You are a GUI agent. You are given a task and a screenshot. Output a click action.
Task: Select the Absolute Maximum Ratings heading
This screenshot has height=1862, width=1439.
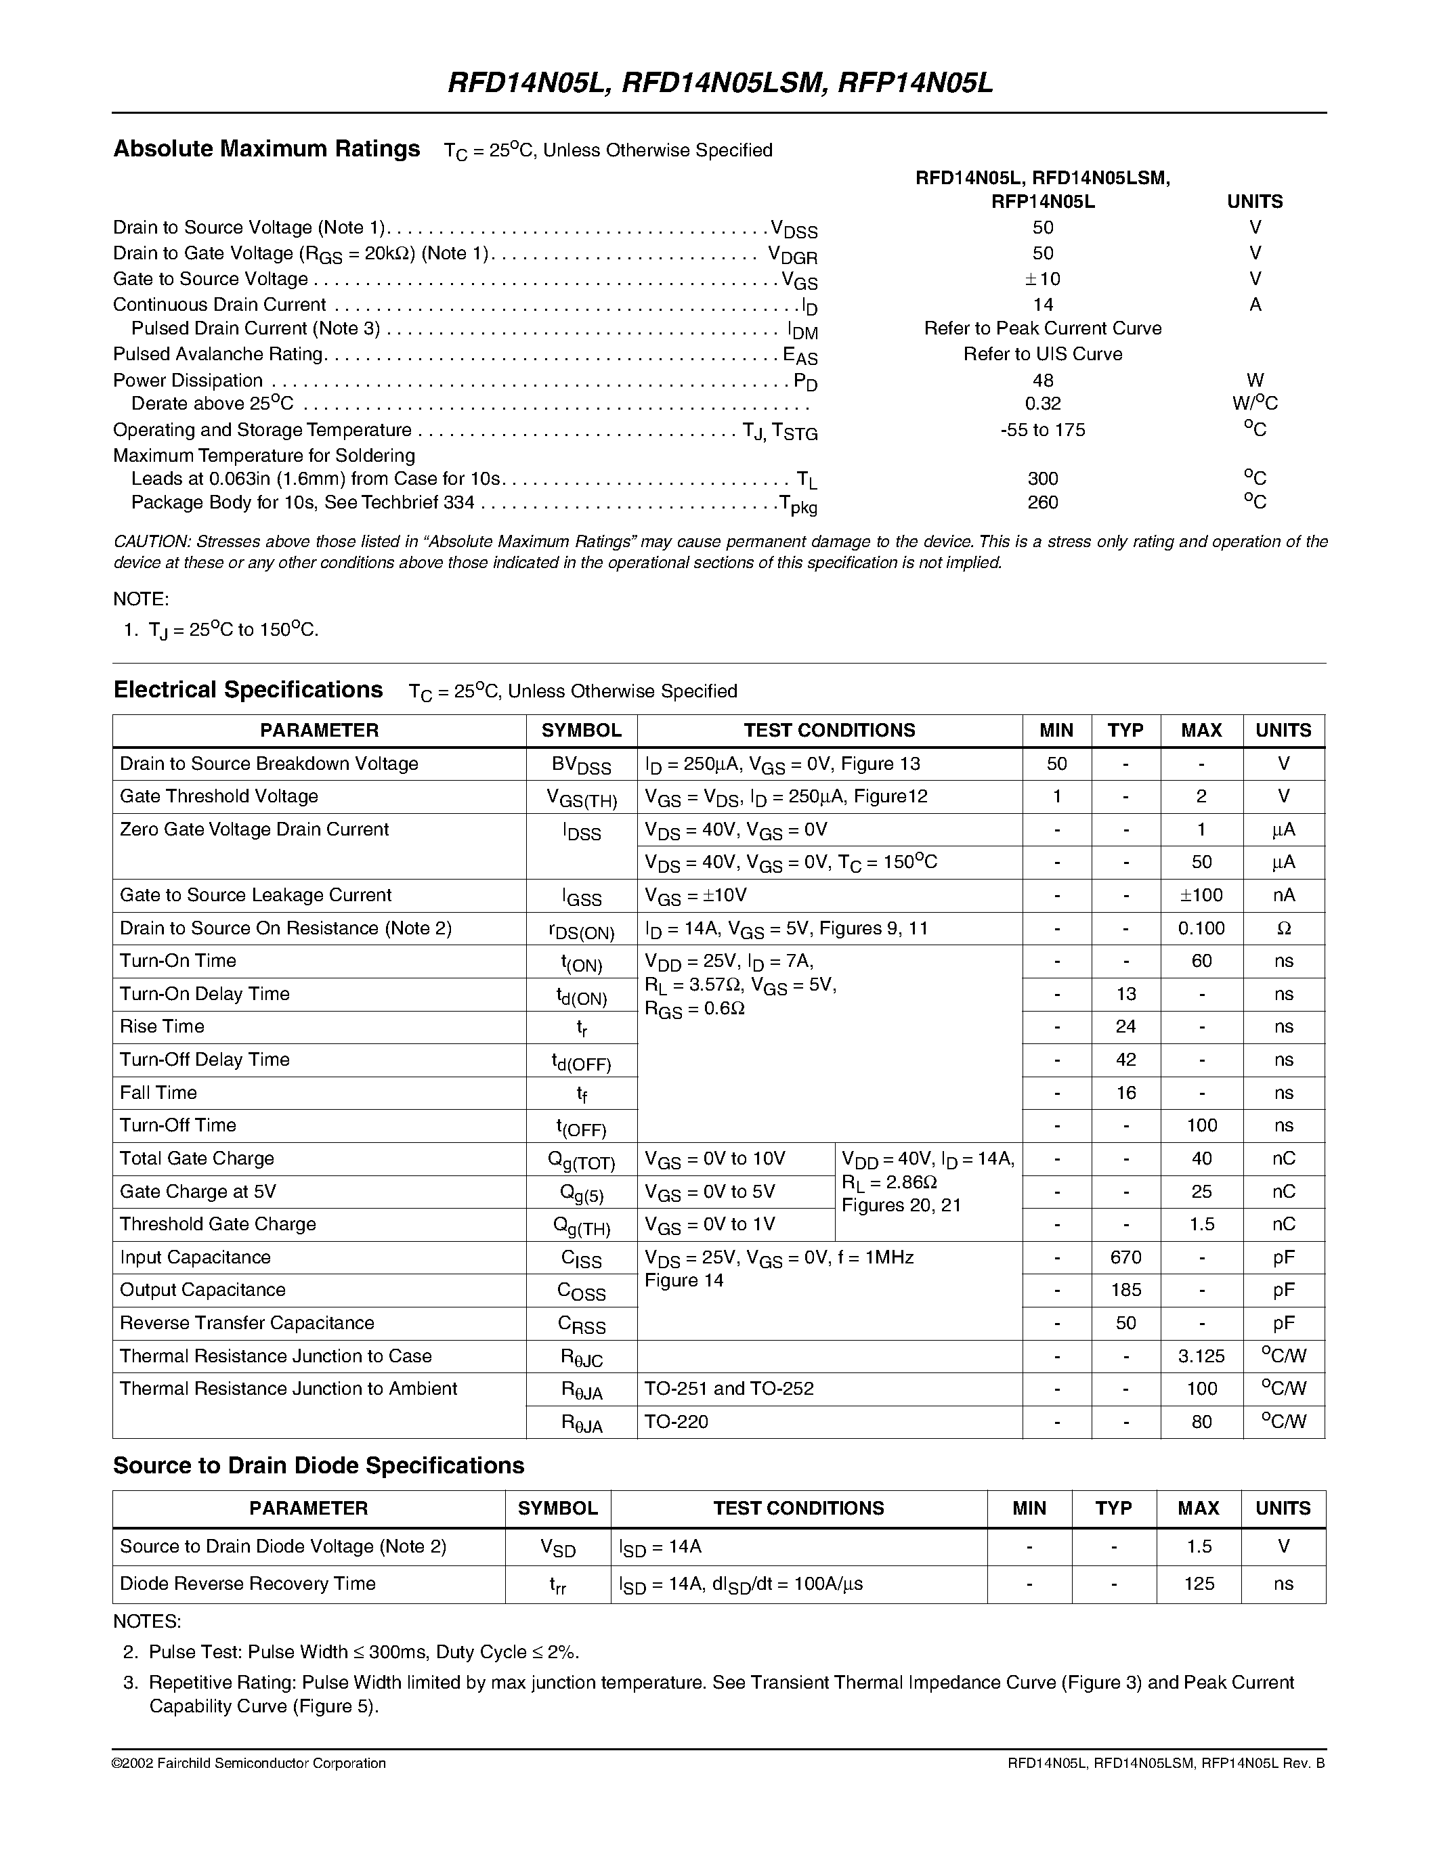tap(267, 149)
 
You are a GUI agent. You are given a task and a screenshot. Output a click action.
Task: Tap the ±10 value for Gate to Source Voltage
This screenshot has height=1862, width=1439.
tap(1043, 279)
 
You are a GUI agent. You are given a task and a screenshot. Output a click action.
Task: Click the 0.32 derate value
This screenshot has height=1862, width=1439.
tap(1043, 404)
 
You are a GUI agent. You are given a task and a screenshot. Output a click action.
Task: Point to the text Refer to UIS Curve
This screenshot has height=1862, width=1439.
tap(1043, 354)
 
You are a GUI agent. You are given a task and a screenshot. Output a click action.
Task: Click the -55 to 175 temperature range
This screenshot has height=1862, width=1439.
tap(1043, 430)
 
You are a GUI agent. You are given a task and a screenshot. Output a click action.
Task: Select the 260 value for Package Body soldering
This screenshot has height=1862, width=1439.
tap(1043, 502)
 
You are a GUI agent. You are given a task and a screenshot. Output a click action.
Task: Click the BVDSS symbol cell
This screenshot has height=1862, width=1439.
tap(582, 764)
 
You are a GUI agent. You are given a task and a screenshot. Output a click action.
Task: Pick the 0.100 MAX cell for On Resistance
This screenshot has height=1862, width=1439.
tap(1201, 928)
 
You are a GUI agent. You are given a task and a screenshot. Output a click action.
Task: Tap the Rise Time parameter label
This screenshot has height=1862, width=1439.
tap(162, 1026)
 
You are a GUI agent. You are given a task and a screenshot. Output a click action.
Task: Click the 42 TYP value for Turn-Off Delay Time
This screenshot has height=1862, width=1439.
tap(1125, 1060)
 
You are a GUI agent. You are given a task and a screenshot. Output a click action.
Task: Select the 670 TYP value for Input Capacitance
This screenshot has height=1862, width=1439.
tap(1125, 1257)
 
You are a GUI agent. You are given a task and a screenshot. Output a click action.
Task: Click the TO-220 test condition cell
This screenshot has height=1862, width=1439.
tap(676, 1422)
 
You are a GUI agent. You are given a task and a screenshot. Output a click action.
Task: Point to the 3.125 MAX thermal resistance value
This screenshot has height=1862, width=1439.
tap(1201, 1356)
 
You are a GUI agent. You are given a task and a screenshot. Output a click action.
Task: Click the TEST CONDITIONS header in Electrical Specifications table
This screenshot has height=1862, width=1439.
tap(829, 731)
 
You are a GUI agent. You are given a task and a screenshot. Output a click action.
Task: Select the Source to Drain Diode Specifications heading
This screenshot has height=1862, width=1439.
tap(319, 1465)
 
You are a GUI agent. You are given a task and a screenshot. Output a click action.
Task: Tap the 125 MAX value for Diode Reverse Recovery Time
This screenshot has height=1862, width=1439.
tap(1199, 1584)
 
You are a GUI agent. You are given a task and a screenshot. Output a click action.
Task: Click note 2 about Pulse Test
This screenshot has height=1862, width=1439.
tap(363, 1652)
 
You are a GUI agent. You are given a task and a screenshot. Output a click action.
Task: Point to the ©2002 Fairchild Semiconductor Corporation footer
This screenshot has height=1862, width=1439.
tap(249, 1763)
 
